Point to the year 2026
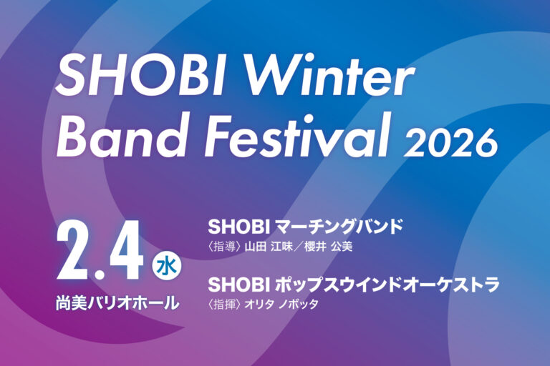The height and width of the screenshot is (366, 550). (450, 142)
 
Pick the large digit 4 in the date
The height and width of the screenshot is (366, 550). (126, 251)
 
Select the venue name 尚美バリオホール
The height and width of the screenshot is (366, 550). (117, 302)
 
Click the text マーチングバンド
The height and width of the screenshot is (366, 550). (339, 227)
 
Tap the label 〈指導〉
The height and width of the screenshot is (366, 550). (223, 247)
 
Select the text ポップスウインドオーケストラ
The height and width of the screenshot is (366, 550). (387, 285)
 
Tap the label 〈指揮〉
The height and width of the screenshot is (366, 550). (223, 304)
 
